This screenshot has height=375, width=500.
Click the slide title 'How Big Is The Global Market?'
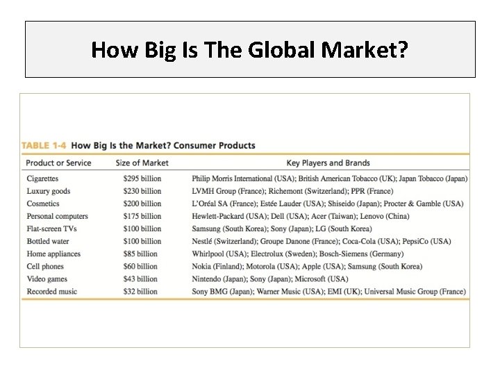tap(250, 49)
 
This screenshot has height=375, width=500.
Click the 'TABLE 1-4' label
tap(44, 146)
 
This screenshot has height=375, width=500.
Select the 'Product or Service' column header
tap(58, 163)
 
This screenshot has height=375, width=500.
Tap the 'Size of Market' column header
tap(142, 163)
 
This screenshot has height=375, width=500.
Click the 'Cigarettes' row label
tap(43, 178)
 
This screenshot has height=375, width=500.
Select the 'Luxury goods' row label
tap(48, 191)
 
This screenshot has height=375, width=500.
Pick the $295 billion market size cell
tap(141, 178)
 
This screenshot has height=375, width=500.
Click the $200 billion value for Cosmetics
tap(141, 203)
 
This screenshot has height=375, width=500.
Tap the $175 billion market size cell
tap(141, 216)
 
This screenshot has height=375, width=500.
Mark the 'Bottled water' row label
tap(48, 241)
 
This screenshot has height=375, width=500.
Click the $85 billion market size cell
tap(139, 253)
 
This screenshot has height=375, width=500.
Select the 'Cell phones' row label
tap(45, 266)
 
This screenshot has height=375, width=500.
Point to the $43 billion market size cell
tap(139, 278)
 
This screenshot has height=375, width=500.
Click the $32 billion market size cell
tap(139, 291)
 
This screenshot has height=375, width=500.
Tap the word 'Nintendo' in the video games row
tap(208, 278)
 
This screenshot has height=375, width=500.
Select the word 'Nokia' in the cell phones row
tap(203, 266)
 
